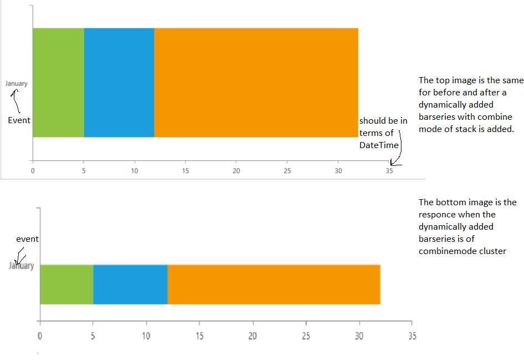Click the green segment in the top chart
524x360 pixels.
[x=58, y=82]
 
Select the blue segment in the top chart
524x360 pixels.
[x=119, y=82]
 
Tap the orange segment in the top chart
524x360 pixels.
[x=256, y=82]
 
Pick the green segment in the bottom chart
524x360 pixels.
[x=67, y=285]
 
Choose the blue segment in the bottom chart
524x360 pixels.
[x=130, y=285]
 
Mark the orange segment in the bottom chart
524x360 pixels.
[x=273, y=285]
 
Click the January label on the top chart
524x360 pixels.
[x=17, y=84]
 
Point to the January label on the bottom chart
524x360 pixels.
[x=22, y=266]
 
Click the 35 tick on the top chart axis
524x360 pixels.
[x=389, y=171]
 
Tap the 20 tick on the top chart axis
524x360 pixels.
[x=236, y=171]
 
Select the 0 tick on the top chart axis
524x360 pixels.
[x=33, y=171]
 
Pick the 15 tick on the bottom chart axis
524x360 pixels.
[x=200, y=336]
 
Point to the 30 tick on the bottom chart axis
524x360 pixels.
[x=360, y=336]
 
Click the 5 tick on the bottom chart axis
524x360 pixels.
[x=93, y=336]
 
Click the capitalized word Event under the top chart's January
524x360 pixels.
[x=19, y=120]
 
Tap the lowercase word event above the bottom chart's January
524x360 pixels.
[x=27, y=239]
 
